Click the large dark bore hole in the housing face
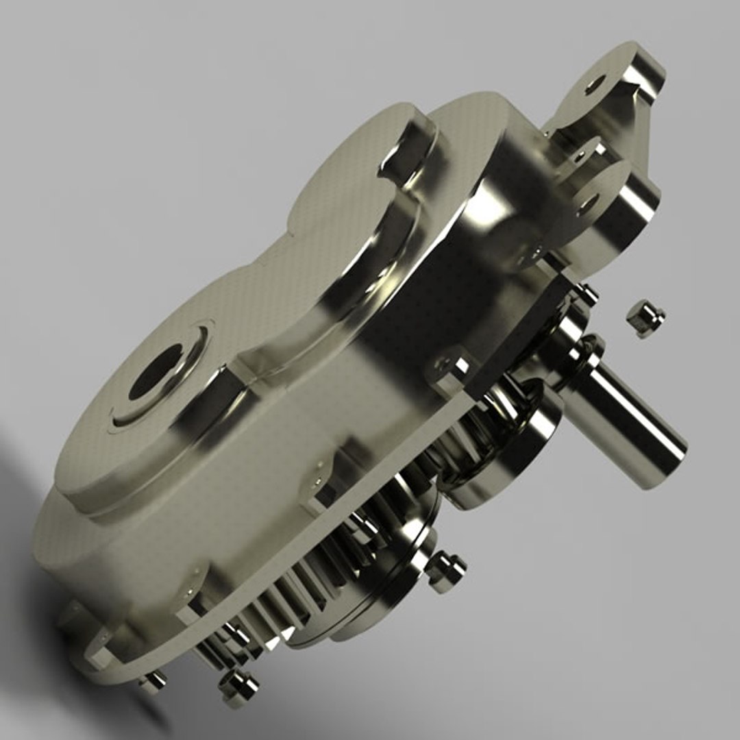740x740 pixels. coord(156,373)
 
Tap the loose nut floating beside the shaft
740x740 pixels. coord(645,317)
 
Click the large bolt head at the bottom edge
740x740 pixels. coord(238,687)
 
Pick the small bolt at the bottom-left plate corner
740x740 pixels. coord(152,682)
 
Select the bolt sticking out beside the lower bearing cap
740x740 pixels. coord(446,570)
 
